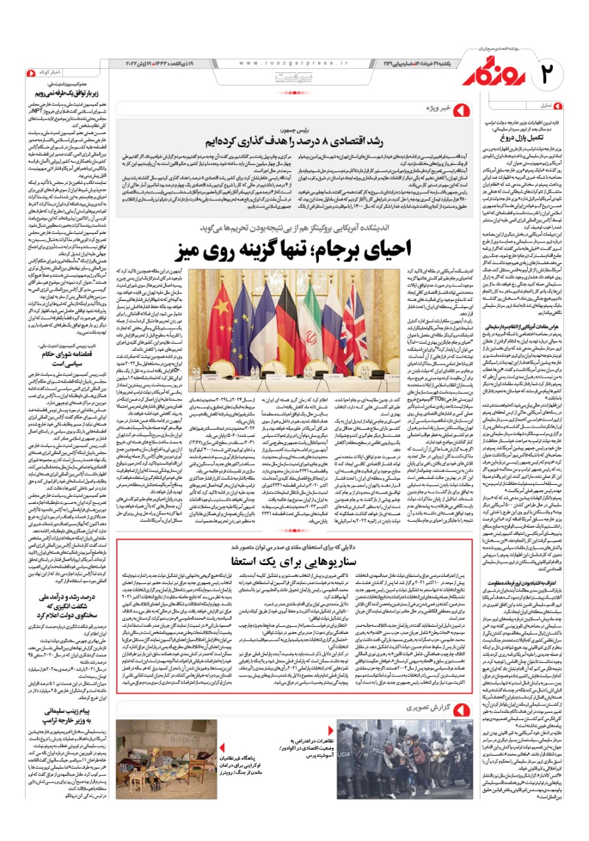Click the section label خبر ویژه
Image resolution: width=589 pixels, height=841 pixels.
pyautogui.click(x=437, y=107)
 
